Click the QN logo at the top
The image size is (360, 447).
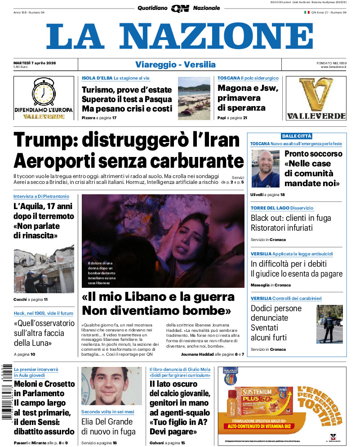point(180,8)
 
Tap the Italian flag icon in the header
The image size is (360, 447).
point(307,13)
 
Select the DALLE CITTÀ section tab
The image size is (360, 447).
point(296,136)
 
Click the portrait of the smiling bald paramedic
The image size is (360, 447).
point(265,168)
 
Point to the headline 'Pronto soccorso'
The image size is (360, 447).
point(313,154)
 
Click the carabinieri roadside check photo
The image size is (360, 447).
point(329,324)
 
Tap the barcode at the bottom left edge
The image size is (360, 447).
point(5,391)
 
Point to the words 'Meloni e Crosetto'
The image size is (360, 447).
point(44,384)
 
